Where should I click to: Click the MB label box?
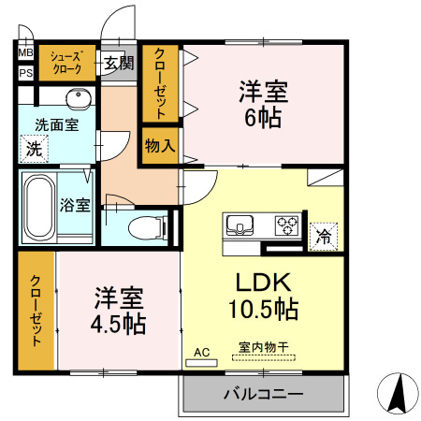tap(25, 53)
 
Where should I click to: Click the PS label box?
tap(25, 72)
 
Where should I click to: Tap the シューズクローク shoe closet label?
tap(66, 63)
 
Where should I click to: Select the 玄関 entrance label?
tap(119, 64)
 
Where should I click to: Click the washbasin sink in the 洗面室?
tap(77, 99)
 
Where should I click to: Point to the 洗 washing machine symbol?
tap(33, 148)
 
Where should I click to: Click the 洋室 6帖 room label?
tap(263, 105)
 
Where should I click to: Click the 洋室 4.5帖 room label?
tap(118, 312)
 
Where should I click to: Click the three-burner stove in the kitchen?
tap(285, 225)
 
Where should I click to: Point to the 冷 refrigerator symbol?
tap(324, 236)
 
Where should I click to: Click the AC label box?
tap(200, 353)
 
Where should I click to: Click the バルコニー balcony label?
tap(263, 395)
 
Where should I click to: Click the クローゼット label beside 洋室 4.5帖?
tap(36, 310)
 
